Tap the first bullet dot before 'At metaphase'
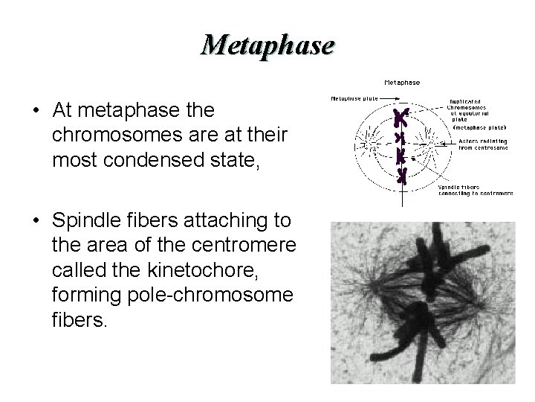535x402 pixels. [x=36, y=111]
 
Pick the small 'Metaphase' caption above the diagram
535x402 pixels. [x=401, y=82]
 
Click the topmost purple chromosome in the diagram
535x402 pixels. [x=401, y=118]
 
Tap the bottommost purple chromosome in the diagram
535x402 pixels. [x=402, y=176]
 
